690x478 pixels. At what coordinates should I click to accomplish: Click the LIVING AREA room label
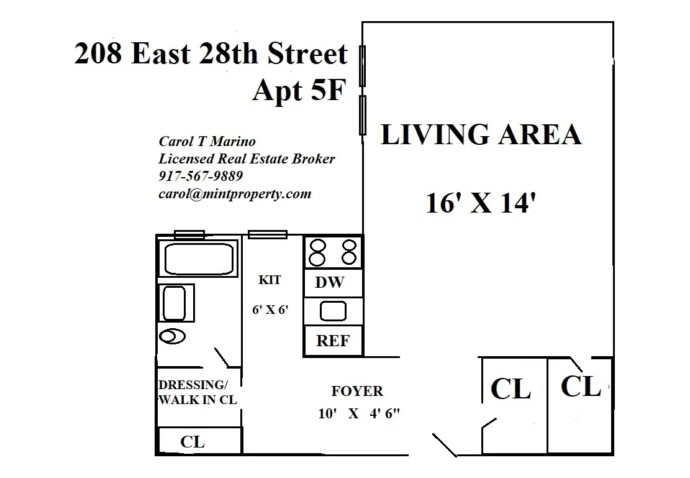[x=481, y=136]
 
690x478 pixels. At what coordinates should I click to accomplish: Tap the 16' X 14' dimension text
[x=480, y=203]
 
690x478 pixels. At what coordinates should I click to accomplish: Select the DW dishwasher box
[x=330, y=283]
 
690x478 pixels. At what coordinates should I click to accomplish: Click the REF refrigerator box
[x=333, y=341]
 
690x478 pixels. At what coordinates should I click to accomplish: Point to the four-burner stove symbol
[x=333, y=252]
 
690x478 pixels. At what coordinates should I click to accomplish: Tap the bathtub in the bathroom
[x=198, y=259]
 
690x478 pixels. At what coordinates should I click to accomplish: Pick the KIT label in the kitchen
[x=269, y=280]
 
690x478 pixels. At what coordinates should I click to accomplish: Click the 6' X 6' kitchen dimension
[x=271, y=310]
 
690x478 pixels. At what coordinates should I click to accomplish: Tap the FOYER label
[x=357, y=391]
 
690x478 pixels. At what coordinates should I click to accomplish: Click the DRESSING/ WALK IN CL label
[x=197, y=392]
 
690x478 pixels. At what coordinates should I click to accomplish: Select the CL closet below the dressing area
[x=193, y=442]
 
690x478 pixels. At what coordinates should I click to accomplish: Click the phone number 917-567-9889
[x=201, y=176]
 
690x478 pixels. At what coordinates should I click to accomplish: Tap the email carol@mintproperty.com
[x=235, y=193]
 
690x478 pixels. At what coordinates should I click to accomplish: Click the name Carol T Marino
[x=207, y=142]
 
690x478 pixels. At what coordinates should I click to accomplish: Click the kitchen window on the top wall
[x=268, y=234]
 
